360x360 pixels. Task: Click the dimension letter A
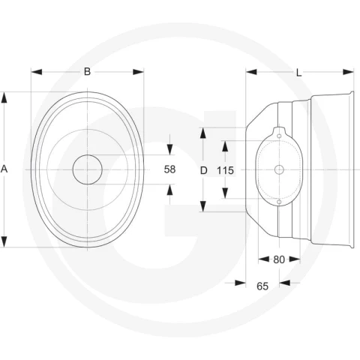point(4,169)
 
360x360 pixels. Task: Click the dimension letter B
point(87,72)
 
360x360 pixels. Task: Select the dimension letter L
point(299,73)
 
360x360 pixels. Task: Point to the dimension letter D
point(204,170)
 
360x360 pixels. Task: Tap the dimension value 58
point(169,169)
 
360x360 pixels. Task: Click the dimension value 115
point(225,170)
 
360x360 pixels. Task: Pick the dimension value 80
point(279,259)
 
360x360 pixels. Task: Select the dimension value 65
point(262,286)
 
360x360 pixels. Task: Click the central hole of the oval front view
point(88,169)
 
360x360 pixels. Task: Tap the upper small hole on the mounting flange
point(279,136)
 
